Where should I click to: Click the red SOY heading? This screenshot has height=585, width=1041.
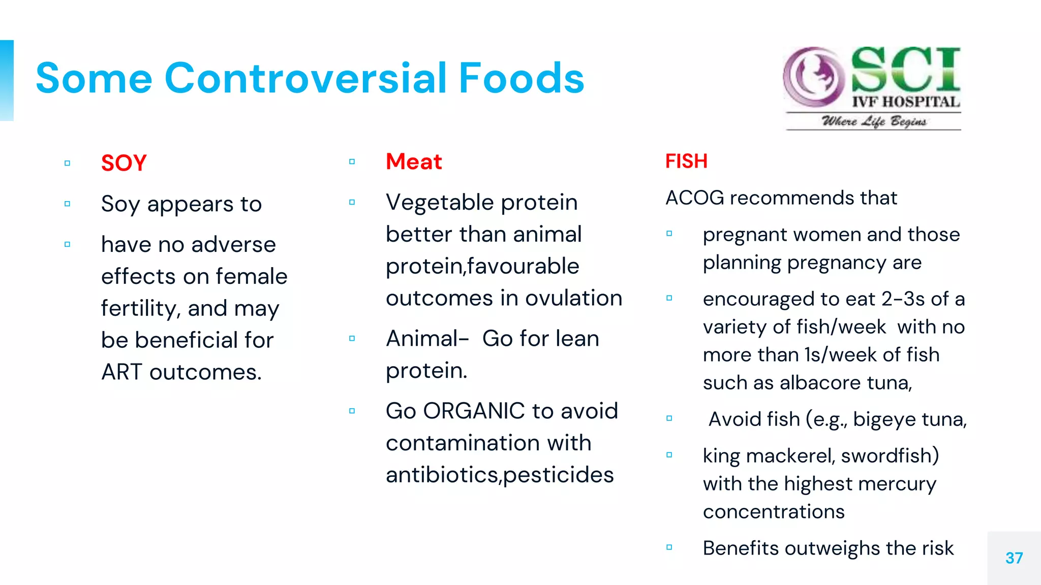[x=124, y=163]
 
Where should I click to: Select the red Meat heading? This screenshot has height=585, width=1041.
[x=414, y=161]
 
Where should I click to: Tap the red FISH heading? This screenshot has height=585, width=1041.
[x=686, y=161]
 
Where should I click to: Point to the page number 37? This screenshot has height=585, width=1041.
[x=1014, y=558]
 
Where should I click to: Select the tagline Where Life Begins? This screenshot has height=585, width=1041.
[x=874, y=121]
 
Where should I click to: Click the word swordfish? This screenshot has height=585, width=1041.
[x=890, y=456]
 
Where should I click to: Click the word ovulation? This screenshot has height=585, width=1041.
[x=573, y=298]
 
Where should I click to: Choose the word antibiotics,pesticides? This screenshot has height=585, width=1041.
[x=500, y=475]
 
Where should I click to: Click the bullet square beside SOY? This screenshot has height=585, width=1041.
[x=67, y=163]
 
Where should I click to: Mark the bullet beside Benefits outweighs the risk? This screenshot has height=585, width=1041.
[x=669, y=547]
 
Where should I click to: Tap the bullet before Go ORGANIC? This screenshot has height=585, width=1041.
[x=352, y=411]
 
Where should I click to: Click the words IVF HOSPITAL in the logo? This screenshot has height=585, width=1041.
[x=906, y=102]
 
